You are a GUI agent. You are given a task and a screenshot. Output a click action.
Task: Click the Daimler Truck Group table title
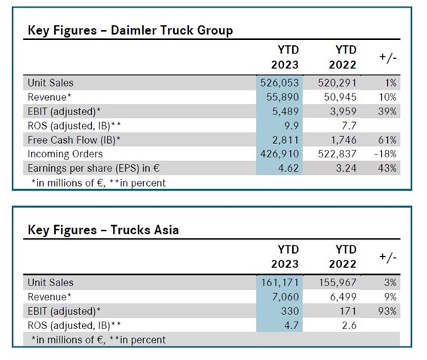click(130, 30)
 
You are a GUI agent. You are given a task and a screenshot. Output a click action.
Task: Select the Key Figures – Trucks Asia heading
click(103, 230)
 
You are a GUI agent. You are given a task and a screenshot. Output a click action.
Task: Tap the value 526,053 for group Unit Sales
click(279, 83)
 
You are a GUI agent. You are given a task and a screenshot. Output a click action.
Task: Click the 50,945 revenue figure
click(340, 97)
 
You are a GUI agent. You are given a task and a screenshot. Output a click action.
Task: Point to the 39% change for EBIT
click(387, 111)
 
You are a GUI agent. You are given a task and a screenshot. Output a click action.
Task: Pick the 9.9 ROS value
click(291, 126)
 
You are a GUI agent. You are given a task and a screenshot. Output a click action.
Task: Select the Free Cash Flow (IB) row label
click(74, 140)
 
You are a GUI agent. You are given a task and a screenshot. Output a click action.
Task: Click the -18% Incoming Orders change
click(386, 154)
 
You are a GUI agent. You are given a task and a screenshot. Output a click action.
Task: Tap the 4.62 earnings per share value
click(288, 168)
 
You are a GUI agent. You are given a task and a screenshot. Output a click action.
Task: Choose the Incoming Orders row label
click(65, 154)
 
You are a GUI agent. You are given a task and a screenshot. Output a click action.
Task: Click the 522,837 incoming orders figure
click(337, 154)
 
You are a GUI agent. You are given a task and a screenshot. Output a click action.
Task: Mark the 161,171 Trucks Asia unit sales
click(280, 282)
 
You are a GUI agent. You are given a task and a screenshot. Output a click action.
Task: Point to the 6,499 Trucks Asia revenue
click(343, 297)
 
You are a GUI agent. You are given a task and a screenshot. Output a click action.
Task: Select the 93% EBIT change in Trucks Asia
click(387, 311)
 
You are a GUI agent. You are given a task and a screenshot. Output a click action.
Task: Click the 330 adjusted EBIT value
click(290, 311)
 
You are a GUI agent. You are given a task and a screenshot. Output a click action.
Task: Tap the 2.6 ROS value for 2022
click(349, 325)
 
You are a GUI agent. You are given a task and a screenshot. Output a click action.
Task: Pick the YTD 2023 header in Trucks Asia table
click(285, 257)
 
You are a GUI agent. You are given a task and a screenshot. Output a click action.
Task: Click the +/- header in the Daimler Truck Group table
click(388, 57)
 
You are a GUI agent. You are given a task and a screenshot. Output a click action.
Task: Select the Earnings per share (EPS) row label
click(93, 168)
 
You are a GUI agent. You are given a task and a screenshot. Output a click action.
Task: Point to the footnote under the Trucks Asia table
click(99, 340)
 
